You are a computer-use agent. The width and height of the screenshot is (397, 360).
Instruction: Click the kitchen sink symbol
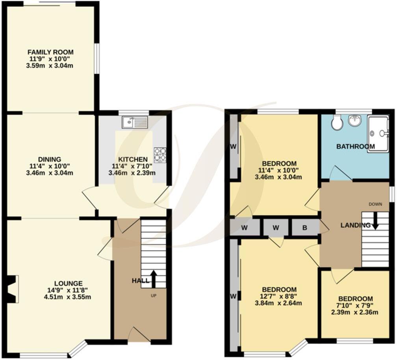click(135, 123)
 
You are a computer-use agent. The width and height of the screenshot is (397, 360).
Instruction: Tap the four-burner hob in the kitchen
click(160, 154)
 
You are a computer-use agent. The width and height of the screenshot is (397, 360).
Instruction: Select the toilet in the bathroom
click(337, 123)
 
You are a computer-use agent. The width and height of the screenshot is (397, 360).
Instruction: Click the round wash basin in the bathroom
click(355, 121)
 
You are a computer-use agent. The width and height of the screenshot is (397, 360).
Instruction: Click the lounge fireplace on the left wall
click(11, 289)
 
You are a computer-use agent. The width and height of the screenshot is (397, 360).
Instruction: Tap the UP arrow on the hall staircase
click(153, 278)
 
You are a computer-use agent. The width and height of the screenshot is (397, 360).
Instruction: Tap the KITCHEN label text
click(132, 160)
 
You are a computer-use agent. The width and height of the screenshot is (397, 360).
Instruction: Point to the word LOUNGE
click(69, 283)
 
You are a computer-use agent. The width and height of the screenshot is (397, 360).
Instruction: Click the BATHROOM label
click(355, 147)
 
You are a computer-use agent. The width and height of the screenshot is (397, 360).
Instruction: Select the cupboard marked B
click(305, 228)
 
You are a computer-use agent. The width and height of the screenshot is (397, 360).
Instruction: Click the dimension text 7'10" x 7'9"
click(355, 306)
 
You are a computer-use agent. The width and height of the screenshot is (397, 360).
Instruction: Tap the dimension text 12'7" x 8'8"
click(278, 296)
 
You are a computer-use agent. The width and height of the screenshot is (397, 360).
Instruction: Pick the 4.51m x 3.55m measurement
click(69, 297)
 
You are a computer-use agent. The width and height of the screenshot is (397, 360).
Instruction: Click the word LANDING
click(355, 225)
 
